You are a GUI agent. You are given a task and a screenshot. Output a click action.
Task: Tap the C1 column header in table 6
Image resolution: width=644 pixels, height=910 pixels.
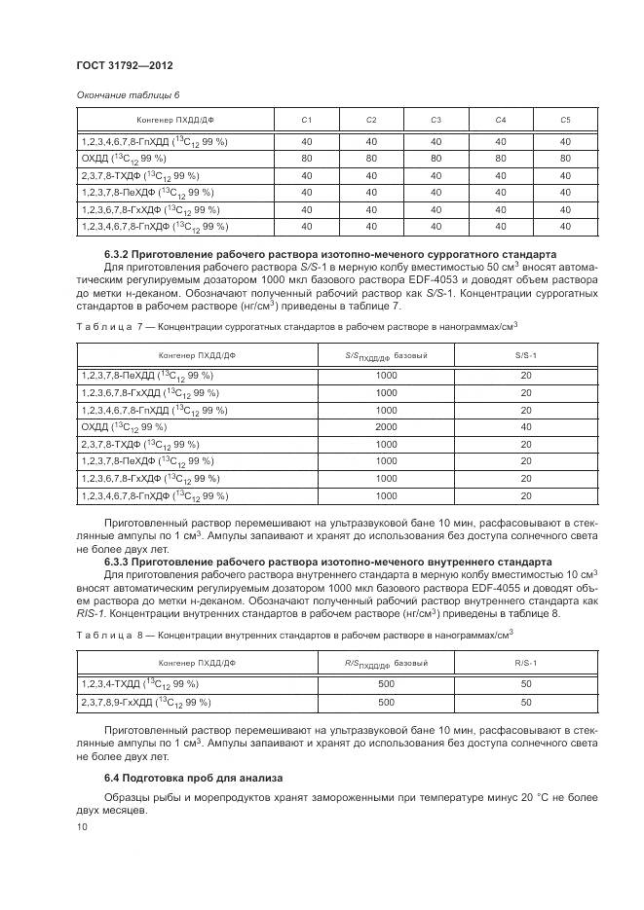tap(307, 120)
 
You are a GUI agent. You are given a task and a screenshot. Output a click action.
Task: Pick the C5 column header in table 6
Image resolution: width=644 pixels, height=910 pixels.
tap(564, 120)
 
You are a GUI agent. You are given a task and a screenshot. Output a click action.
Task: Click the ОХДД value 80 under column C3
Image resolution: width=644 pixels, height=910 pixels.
tap(436, 158)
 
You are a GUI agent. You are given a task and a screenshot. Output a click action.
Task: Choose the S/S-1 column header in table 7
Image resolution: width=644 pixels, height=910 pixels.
tap(525, 355)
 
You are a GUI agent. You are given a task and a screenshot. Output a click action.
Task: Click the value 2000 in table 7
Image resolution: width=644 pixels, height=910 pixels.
tap(386, 426)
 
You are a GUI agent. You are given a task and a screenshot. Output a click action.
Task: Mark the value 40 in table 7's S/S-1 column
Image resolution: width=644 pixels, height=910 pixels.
tap(525, 426)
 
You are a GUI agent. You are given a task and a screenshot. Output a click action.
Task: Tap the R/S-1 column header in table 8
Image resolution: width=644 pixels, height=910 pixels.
tap(525, 664)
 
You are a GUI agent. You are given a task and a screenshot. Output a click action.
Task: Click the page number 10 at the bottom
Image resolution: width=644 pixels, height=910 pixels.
tap(81, 826)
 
